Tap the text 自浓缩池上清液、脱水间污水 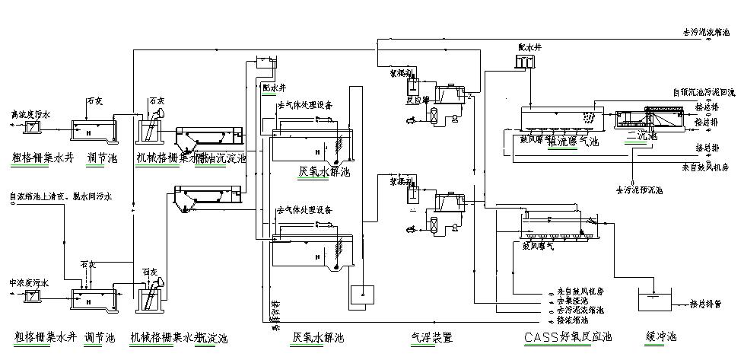click(x=61, y=197)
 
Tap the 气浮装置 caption click(x=431, y=336)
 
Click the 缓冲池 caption click(x=660, y=336)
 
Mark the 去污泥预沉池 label click(x=639, y=190)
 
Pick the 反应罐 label click(x=420, y=99)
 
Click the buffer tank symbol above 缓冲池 click(x=655, y=301)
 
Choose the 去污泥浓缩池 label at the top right click(x=705, y=33)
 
